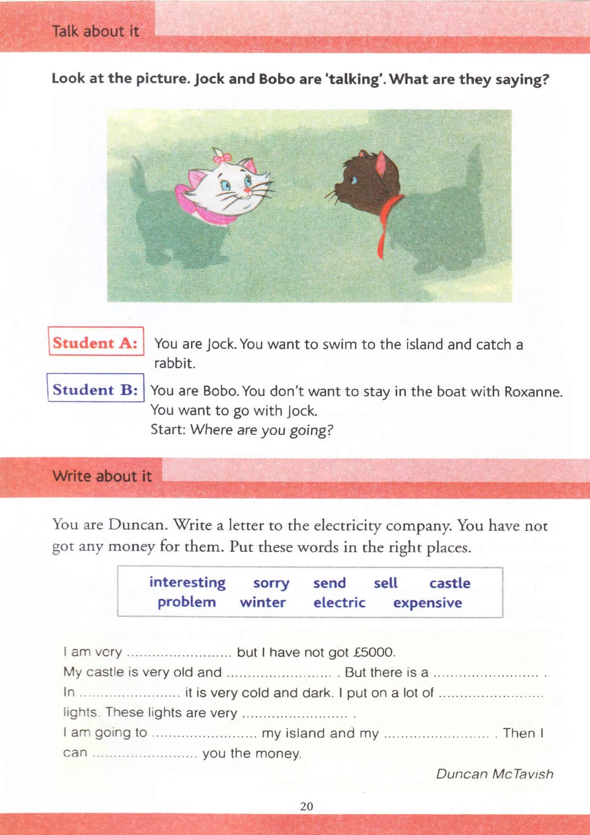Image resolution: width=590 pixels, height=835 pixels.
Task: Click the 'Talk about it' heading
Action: pos(95,31)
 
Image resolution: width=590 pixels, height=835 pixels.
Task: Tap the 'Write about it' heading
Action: pos(102,476)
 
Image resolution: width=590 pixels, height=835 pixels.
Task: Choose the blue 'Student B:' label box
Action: pos(96,389)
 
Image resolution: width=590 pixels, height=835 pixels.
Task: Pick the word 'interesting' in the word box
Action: pos(187,582)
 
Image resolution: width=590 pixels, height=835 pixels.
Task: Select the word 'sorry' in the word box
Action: pos(271,583)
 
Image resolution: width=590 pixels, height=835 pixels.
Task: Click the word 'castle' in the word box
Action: pos(450,583)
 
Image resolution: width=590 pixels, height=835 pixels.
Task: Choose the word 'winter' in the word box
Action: pos(263,602)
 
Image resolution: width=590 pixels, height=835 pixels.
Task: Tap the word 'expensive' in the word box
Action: pos(427,603)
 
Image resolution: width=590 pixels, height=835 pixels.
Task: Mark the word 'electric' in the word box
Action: pos(339,602)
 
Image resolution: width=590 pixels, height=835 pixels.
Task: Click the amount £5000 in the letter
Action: pos(374,652)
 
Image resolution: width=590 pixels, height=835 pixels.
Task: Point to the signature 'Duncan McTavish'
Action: pos(494,774)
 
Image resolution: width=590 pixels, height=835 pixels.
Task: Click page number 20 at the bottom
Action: pos(307,806)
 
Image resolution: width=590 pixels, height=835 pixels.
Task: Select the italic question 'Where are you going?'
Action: pos(261,430)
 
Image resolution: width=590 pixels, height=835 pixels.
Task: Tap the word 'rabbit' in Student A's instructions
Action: pos(174,363)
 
